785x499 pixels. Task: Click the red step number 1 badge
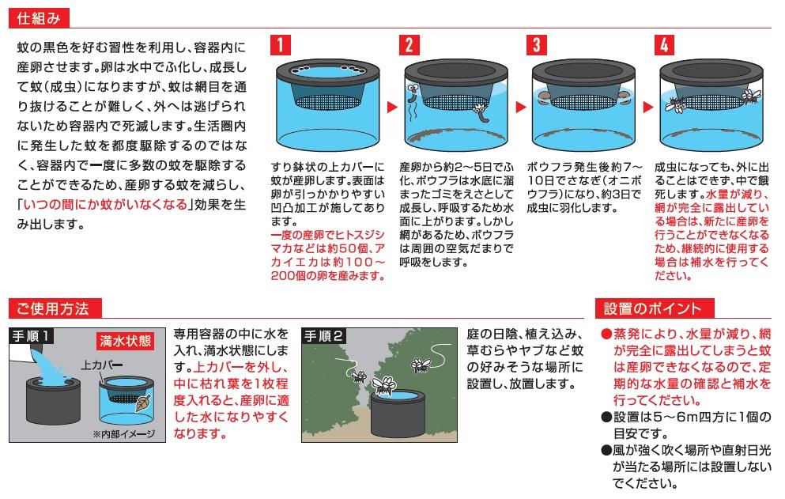tap(280, 45)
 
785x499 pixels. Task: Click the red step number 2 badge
tap(409, 45)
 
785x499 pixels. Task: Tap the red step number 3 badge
tap(536, 45)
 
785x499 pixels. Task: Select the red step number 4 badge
tap(664, 45)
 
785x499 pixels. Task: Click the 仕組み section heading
tap(39, 19)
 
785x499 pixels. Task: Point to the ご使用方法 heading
tap(55, 308)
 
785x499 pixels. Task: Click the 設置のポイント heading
tap(654, 308)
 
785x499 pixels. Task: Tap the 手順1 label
tap(31, 335)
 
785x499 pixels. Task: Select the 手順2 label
tap(323, 335)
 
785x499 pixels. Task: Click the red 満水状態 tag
tap(125, 341)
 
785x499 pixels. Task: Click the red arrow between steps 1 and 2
tap(392, 107)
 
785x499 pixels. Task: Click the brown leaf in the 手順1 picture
tap(144, 403)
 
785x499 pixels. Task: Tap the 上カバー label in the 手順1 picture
tap(102, 365)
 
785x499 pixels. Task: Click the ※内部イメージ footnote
tap(123, 434)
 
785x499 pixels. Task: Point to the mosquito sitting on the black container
tap(384, 386)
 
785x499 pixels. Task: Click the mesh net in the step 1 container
tap(327, 101)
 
